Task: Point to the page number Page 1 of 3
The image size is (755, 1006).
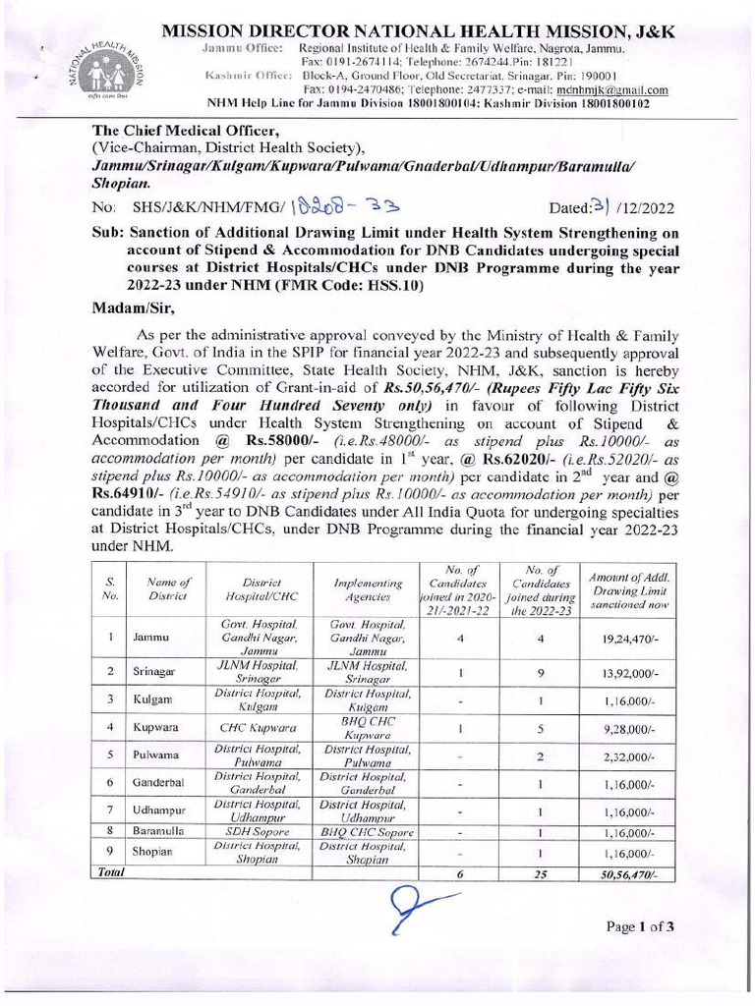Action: tap(639, 926)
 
